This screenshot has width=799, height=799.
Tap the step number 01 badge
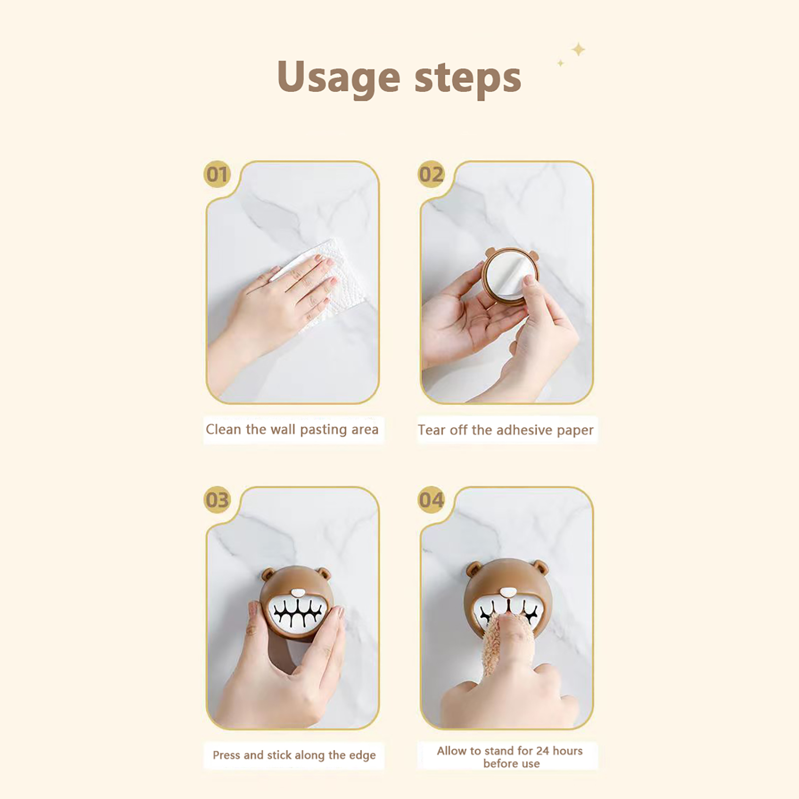pyautogui.click(x=217, y=174)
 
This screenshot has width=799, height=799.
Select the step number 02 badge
pyautogui.click(x=431, y=174)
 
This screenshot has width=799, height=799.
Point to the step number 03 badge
pyautogui.click(x=217, y=500)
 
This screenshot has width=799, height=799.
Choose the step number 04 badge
pyautogui.click(x=431, y=500)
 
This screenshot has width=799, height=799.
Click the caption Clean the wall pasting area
pyautogui.click(x=292, y=429)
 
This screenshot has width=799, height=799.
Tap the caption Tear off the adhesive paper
pyautogui.click(x=505, y=430)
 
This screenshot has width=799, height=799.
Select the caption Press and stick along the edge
pyautogui.click(x=294, y=755)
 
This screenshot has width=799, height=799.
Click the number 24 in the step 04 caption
pyautogui.click(x=542, y=751)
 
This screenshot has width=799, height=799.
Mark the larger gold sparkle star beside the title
pyautogui.click(x=578, y=49)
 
